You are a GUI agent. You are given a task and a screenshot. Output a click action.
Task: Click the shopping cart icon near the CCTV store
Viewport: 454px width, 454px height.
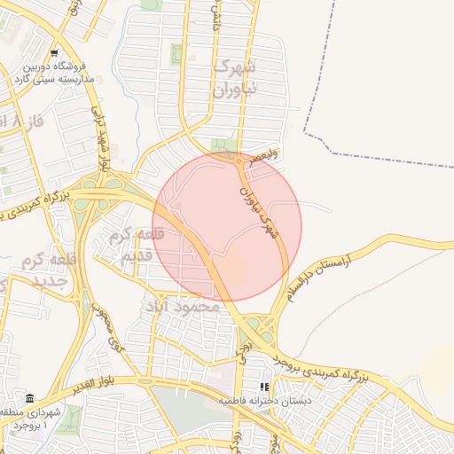55,53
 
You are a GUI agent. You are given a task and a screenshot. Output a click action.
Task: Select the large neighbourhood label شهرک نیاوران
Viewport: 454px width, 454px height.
236,79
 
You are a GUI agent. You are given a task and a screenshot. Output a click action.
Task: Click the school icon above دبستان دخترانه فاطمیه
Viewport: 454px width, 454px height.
262,387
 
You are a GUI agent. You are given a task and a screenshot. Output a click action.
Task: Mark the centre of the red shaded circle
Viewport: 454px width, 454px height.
227,227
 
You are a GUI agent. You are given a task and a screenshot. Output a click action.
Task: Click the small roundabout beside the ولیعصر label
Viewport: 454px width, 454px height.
240,161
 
